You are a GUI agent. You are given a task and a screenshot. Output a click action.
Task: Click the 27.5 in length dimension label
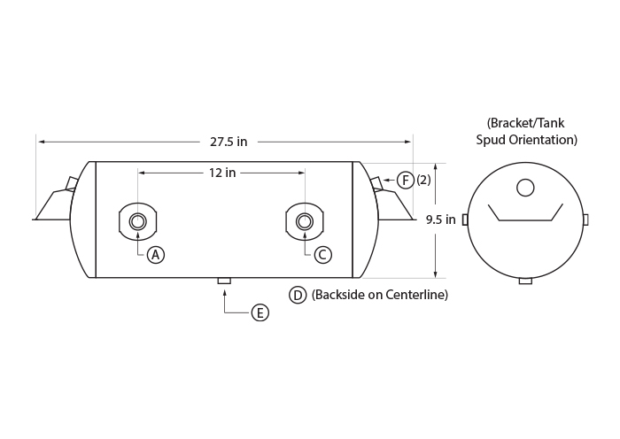229,142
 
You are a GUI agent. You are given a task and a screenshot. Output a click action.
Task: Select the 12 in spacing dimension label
222,173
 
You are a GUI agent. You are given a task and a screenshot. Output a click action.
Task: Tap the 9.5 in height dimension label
440,219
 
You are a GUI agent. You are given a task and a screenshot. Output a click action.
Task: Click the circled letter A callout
155,255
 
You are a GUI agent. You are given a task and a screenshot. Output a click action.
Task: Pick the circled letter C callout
322,255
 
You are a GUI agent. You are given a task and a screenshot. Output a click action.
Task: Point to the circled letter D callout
298,295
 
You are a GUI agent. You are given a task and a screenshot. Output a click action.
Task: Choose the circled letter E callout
260,313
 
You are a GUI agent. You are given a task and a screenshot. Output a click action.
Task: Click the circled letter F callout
406,181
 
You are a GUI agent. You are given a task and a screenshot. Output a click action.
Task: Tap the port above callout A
137,221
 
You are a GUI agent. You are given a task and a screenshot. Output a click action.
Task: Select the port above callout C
305,221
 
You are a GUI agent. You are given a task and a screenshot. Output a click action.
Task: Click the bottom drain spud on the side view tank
224,281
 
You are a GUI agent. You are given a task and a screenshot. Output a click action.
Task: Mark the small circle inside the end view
525,188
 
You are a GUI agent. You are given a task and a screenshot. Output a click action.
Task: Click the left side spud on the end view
465,219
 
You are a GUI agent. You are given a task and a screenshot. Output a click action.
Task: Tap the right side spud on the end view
585,219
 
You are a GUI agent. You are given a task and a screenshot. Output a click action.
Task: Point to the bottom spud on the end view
525,281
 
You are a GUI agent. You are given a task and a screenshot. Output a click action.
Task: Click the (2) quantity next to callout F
423,181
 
